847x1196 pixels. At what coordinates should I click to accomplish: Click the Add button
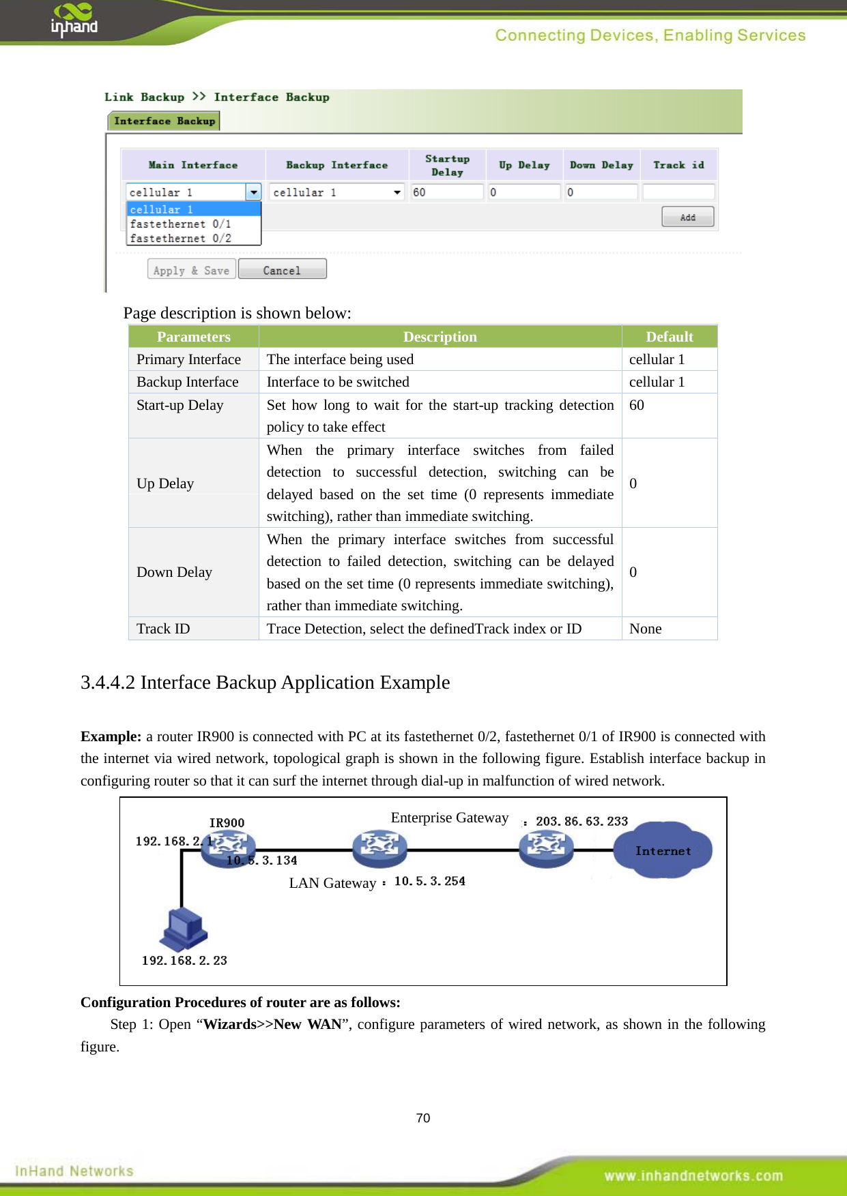687,217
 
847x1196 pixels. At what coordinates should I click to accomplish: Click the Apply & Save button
192,270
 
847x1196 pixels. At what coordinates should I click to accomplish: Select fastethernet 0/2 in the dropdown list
181,238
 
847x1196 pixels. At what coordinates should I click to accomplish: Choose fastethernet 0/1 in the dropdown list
181,224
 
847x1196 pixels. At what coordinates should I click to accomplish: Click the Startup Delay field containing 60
446,192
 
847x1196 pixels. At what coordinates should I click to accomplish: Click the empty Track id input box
678,192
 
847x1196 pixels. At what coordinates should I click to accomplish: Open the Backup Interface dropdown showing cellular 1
336,192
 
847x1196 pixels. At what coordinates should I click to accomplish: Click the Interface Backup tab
164,121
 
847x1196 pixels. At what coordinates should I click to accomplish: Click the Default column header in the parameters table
669,337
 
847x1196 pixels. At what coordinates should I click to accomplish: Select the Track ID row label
164,629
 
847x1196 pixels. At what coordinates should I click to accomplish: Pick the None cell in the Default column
645,629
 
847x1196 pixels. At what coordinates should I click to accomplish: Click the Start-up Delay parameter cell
180,405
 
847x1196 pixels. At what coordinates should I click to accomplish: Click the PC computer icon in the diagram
184,929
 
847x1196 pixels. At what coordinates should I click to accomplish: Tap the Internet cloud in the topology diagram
662,850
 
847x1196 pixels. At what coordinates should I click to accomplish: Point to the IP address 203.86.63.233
582,821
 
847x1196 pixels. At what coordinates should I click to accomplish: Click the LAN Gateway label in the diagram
332,883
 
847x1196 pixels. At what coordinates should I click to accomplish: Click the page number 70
423,1118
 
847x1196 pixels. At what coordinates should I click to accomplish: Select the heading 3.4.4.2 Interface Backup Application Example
265,683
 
